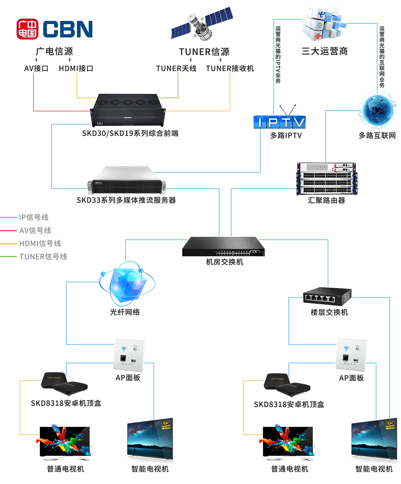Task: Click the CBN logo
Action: click(54, 29)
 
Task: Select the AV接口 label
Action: click(36, 69)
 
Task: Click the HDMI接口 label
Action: click(76, 69)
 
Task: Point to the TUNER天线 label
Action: click(176, 69)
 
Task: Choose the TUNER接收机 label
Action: click(230, 69)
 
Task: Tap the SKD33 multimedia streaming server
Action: click(127, 181)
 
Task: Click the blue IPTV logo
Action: click(279, 122)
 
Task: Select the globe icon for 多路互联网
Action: click(377, 112)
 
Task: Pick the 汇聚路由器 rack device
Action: click(326, 179)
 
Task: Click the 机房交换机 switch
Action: click(223, 247)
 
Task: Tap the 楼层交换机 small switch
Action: click(327, 296)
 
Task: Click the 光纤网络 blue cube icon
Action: click(127, 284)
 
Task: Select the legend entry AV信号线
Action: click(35, 231)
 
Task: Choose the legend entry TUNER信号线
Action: click(43, 257)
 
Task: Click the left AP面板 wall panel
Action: click(129, 355)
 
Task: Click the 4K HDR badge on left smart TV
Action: click(166, 425)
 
